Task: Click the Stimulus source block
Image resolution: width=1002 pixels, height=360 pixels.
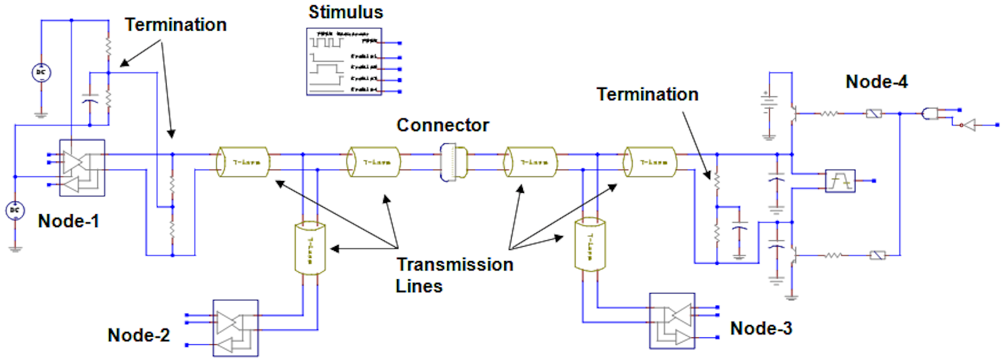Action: click(x=344, y=61)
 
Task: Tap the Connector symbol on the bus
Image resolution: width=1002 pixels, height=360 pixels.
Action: click(x=453, y=162)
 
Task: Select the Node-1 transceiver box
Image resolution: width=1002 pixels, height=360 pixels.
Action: click(x=82, y=168)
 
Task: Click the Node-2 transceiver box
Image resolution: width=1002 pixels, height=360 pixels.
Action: click(x=235, y=328)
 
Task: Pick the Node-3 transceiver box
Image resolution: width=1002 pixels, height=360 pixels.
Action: click(x=672, y=321)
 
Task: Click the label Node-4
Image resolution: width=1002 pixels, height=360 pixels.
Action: click(x=876, y=82)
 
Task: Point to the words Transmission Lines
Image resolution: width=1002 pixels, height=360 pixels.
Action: click(x=454, y=275)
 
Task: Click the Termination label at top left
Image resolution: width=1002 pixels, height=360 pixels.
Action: click(x=175, y=25)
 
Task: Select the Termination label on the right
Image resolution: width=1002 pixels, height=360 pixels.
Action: click(x=647, y=95)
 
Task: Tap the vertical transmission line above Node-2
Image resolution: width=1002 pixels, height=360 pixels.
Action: click(x=310, y=248)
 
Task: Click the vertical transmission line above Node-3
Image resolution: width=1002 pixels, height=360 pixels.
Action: click(x=590, y=245)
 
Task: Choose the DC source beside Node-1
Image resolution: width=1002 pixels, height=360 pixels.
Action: click(x=15, y=210)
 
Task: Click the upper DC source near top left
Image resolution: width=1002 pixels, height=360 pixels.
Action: click(x=41, y=73)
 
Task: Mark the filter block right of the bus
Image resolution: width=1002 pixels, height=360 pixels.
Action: click(x=840, y=181)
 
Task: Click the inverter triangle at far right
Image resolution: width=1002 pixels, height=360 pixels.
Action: click(x=969, y=125)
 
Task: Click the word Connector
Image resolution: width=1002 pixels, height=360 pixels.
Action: click(x=442, y=125)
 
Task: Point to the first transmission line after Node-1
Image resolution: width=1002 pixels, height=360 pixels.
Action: click(x=244, y=162)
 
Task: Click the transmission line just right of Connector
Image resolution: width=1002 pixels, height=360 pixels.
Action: click(x=531, y=162)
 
